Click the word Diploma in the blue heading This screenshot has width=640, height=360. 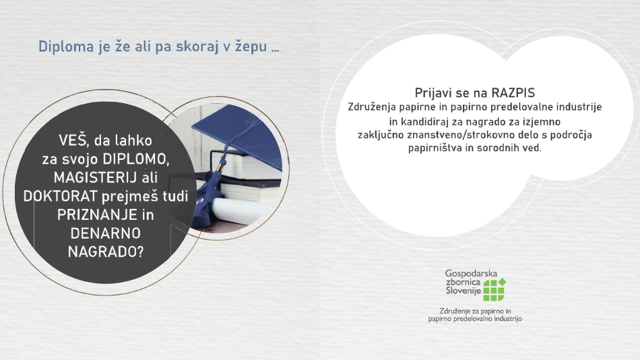coord(66,47)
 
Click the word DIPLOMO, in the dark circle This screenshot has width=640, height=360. coord(135,158)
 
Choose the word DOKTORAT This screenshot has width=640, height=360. coord(61,196)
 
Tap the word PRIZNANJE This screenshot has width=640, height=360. coord(97,214)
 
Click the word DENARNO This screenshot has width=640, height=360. coord(106,233)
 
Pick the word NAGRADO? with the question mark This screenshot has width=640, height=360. coord(106,251)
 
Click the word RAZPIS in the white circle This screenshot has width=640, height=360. coord(513,93)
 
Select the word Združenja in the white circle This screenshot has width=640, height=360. coord(372,107)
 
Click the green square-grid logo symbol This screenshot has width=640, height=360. coord(494,289)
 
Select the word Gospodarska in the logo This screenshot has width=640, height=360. coord(471,273)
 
